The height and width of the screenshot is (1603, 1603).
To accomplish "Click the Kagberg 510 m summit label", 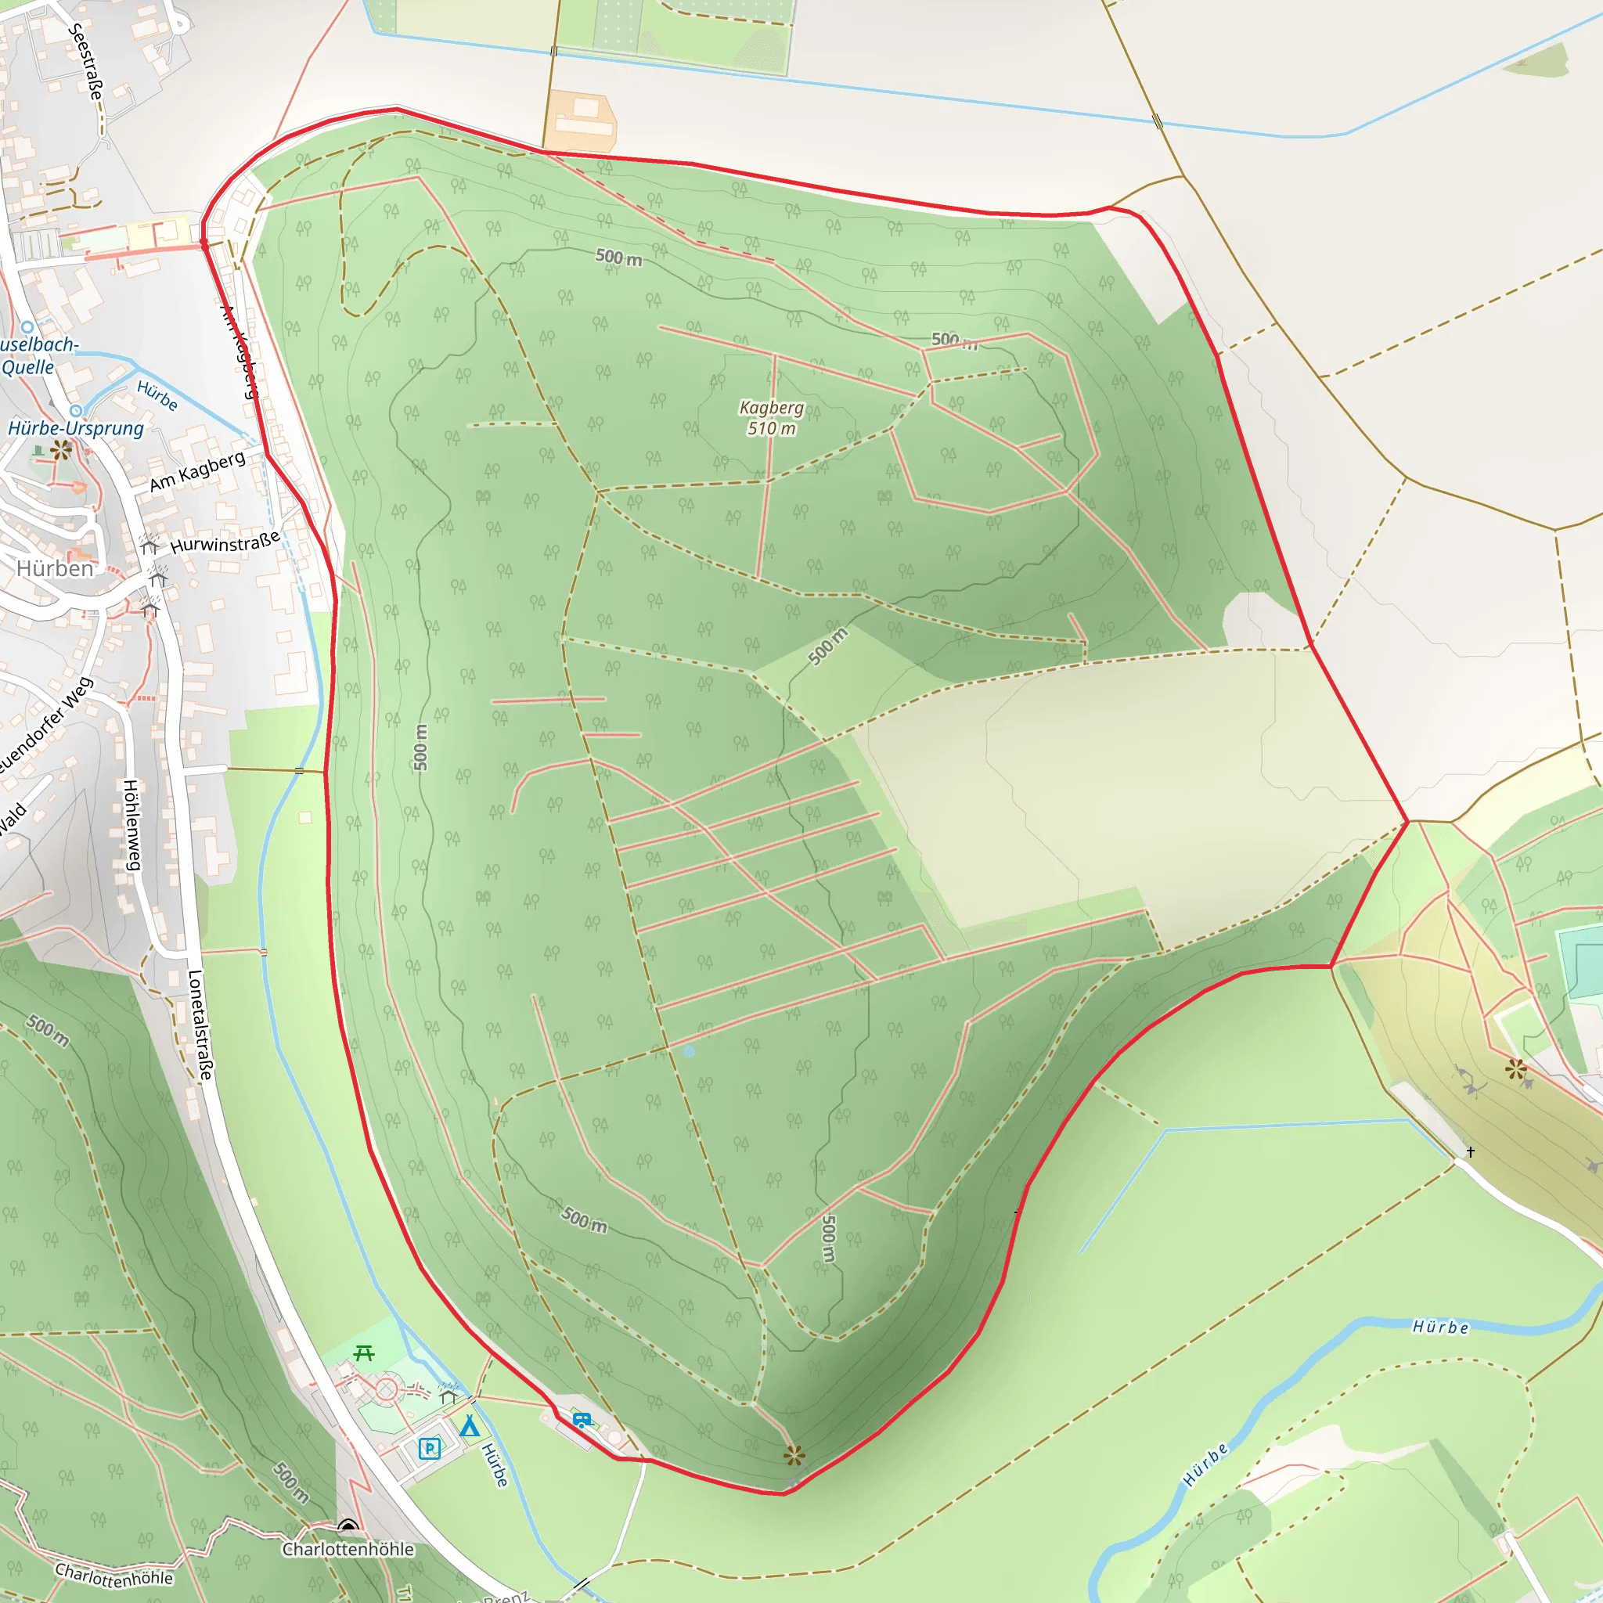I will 772,417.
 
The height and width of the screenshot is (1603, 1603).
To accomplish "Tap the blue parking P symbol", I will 429,1449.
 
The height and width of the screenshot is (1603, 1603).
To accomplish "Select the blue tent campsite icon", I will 470,1425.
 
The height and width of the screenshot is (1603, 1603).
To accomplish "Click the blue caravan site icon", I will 582,1420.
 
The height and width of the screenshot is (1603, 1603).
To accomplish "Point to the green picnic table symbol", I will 363,1353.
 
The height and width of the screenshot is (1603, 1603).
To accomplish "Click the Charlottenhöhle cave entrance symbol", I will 348,1526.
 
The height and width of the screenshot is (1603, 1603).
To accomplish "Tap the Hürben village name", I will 55,568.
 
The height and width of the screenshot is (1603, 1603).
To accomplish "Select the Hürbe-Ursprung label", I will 75,428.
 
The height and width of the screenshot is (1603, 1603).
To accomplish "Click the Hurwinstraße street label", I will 225,542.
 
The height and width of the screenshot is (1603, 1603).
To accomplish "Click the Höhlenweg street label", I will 131,825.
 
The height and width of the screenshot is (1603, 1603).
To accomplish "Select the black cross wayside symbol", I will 1470,1151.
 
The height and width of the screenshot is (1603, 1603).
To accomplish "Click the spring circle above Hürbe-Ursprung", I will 75,411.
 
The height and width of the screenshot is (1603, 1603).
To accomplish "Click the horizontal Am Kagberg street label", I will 197,471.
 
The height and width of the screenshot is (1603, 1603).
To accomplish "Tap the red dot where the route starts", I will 205,243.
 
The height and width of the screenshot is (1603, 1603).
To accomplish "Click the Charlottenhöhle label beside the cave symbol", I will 348,1549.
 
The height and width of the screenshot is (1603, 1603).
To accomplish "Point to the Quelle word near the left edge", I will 27,367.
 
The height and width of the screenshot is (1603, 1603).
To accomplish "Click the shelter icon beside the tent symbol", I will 448,1396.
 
